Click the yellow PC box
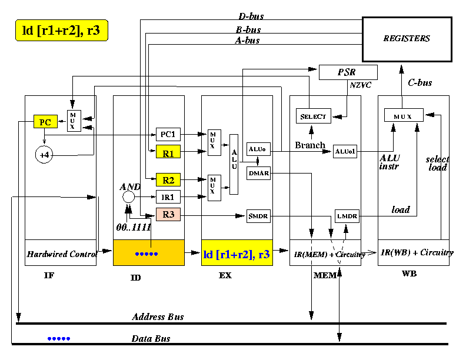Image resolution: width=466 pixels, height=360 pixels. tap(45, 122)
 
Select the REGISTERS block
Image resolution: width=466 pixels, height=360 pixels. tap(407, 39)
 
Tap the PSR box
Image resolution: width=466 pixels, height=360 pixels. tap(348, 72)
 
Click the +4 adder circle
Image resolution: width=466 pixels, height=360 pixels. tap(44, 155)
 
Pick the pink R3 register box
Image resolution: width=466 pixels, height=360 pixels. tap(168, 214)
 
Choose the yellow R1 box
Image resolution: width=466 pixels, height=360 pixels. tap(168, 152)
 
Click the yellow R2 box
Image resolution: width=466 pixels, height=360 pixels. tap(168, 179)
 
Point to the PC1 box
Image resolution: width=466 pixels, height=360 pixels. tap(168, 134)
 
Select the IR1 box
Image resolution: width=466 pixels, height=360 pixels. tap(168, 196)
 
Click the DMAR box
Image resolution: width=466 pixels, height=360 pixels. tap(258, 173)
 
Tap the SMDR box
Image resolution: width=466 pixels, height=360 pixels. tap(258, 216)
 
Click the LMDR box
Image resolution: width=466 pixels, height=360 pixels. tap(347, 216)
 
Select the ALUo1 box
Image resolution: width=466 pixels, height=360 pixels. tap(345, 152)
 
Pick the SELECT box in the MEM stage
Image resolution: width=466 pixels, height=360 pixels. tap(313, 116)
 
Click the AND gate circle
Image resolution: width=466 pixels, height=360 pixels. tap(128, 196)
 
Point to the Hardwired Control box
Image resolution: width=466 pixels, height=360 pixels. tap(61, 253)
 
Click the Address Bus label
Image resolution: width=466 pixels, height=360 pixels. tap(158, 317)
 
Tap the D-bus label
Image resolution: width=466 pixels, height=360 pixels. tap(251, 16)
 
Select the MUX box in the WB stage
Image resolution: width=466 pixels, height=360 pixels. tap(404, 115)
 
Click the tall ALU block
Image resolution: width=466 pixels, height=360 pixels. tap(234, 164)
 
